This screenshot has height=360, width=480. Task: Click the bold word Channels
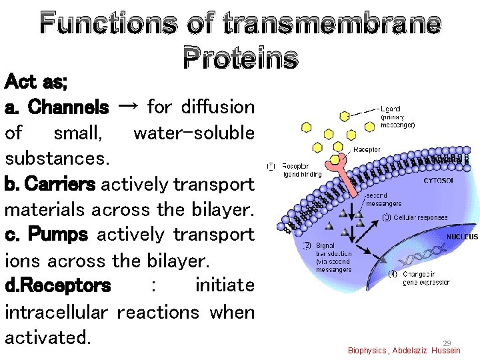coord(69,107)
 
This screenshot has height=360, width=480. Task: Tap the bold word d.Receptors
coord(57,286)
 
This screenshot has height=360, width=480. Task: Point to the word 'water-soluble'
coord(194,133)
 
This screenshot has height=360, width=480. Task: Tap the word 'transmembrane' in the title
coord(331,23)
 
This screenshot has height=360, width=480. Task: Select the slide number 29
coord(447,343)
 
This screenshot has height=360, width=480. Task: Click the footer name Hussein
coord(445,351)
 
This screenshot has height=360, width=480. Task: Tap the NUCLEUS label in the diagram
coord(462,237)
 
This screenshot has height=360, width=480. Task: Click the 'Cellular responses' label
coord(421,218)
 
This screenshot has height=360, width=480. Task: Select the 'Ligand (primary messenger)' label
coord(399,117)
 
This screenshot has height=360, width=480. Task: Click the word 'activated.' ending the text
coord(47,337)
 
